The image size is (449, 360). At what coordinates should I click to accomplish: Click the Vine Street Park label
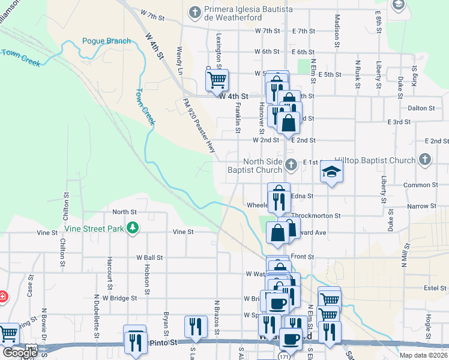click(x=94, y=229)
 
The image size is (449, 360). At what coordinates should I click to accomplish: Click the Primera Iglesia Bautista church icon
click(x=195, y=11)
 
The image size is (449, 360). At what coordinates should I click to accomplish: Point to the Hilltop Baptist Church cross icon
click(x=425, y=160)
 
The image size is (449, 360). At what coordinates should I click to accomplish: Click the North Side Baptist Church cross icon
click(x=291, y=164)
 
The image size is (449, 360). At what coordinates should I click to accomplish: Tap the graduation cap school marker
click(x=331, y=172)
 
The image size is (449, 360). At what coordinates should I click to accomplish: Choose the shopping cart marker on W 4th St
click(x=216, y=80)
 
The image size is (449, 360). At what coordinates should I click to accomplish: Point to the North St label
click(x=124, y=212)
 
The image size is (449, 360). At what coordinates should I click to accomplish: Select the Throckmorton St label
click(x=316, y=215)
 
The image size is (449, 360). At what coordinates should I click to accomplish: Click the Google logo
click(x=20, y=353)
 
